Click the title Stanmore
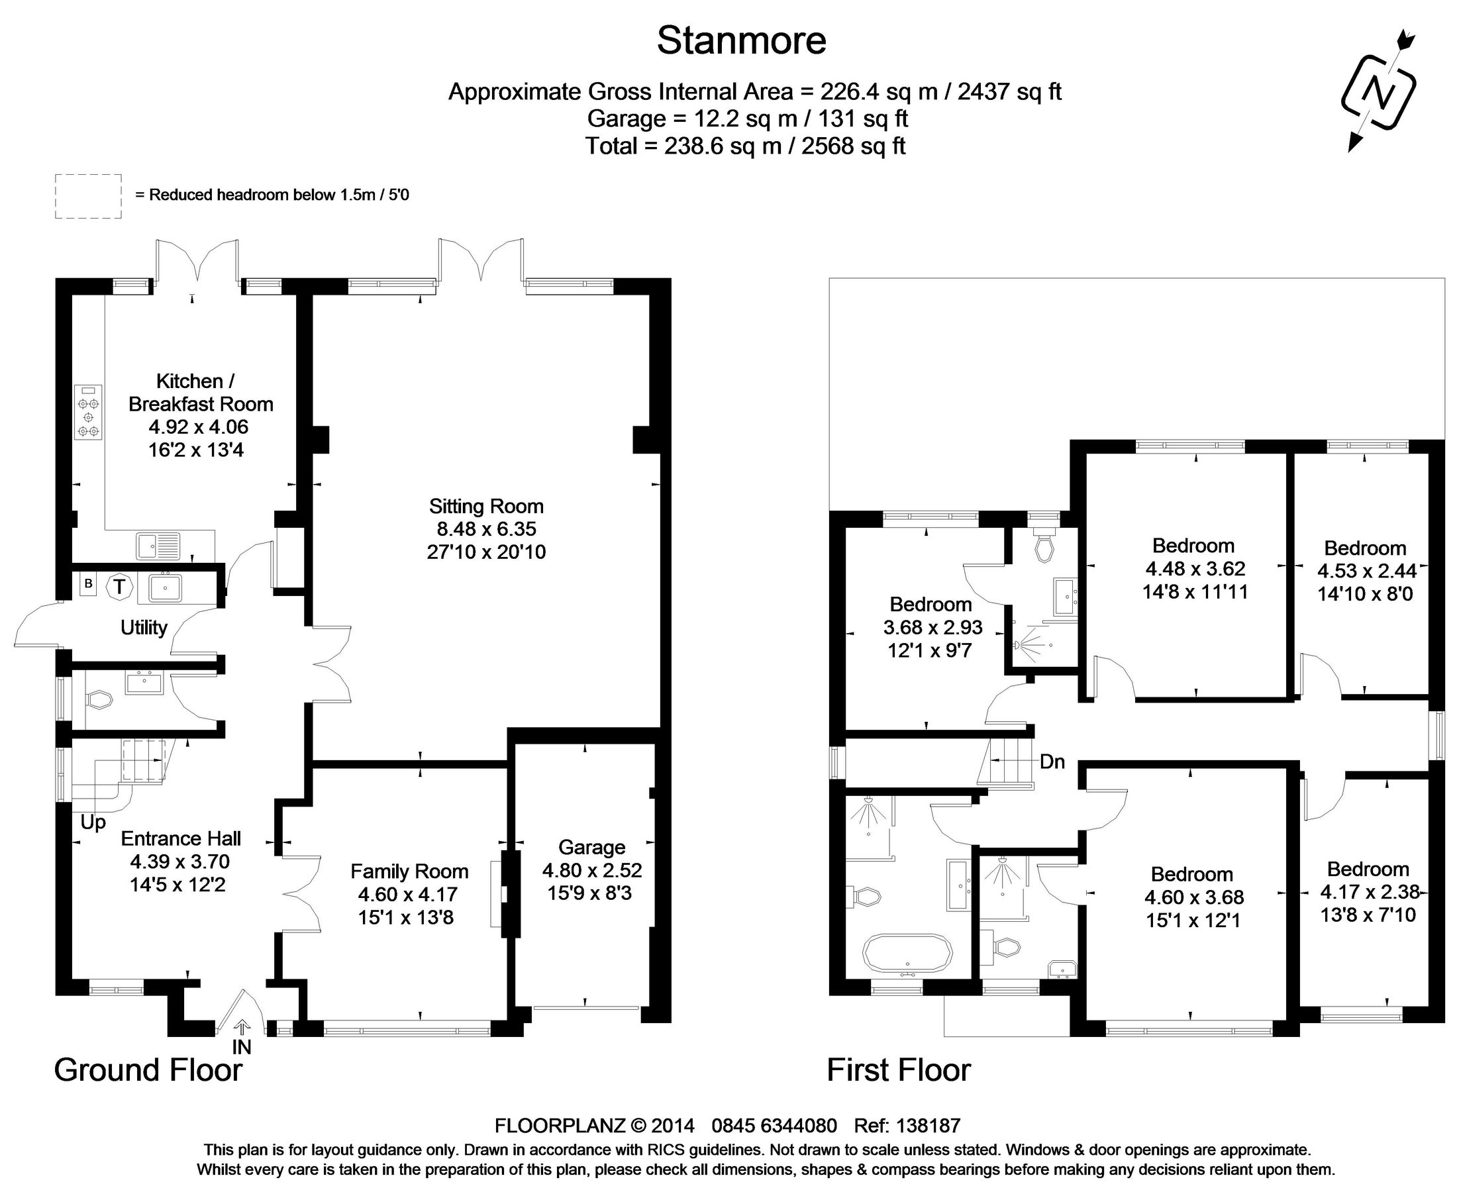741,40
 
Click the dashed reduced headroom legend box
88,197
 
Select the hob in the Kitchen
89,412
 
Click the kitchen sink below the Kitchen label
158,546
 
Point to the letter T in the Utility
120,587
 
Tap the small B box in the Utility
88,585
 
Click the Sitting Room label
486,507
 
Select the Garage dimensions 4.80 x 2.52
592,871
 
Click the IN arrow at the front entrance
242,1028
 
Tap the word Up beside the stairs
93,822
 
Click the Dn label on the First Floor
1052,762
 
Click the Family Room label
409,871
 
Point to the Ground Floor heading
148,1069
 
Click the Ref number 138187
929,1126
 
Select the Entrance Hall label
181,838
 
